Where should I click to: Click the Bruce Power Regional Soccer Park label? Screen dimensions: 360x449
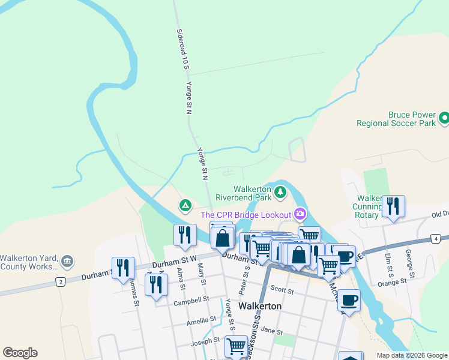395,118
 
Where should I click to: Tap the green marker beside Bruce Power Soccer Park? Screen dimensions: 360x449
444,118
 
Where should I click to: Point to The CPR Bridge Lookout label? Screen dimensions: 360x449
246,214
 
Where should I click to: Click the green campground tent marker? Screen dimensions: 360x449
185,206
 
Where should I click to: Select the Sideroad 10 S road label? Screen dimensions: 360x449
179,49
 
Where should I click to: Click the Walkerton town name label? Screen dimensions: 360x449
260,305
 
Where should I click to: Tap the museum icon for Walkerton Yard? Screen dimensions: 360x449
67,261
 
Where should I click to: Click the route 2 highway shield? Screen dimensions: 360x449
60,281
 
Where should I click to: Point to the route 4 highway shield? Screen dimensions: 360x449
435,239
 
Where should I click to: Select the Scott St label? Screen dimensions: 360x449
282,291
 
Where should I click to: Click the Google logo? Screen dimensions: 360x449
20,353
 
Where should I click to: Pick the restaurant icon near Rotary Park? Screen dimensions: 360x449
393,205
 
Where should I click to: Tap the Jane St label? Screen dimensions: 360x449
271,331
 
